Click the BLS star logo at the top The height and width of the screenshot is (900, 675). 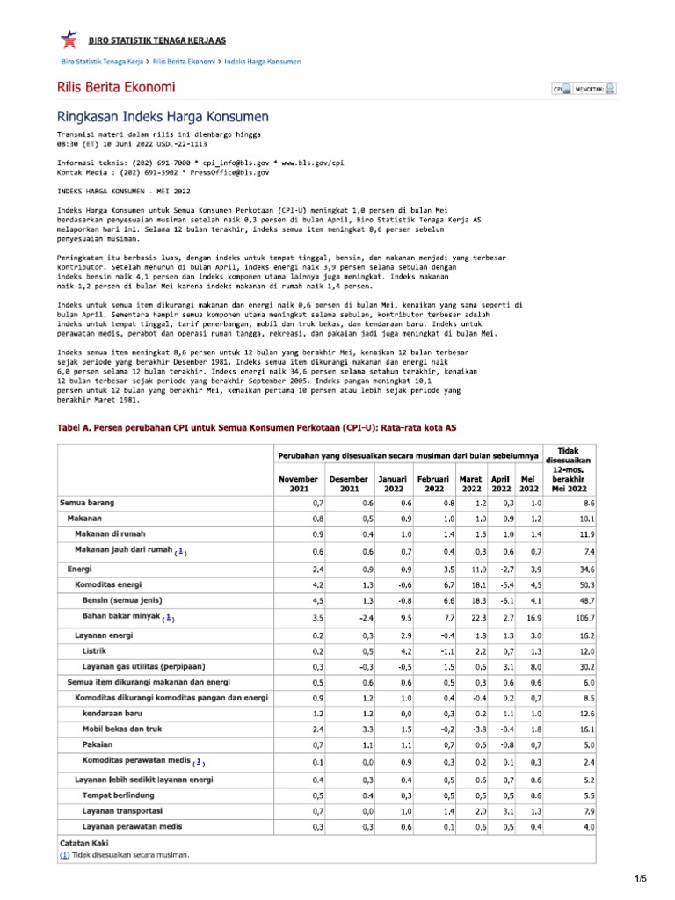coord(68,39)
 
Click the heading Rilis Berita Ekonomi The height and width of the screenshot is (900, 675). coord(115,87)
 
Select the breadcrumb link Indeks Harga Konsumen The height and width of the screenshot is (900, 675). coord(263,62)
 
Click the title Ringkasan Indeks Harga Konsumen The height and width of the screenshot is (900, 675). coord(163,117)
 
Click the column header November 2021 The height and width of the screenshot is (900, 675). coord(297,483)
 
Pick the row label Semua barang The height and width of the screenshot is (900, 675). coord(87,503)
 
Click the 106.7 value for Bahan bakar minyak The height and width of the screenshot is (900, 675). coord(583,619)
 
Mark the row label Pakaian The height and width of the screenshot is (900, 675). coord(98,744)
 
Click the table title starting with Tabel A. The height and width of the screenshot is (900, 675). coord(257,426)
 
